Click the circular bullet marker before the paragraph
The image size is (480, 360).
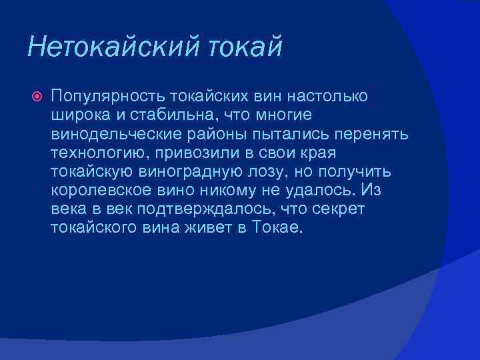click(37, 97)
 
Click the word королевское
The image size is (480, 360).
click(101, 191)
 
